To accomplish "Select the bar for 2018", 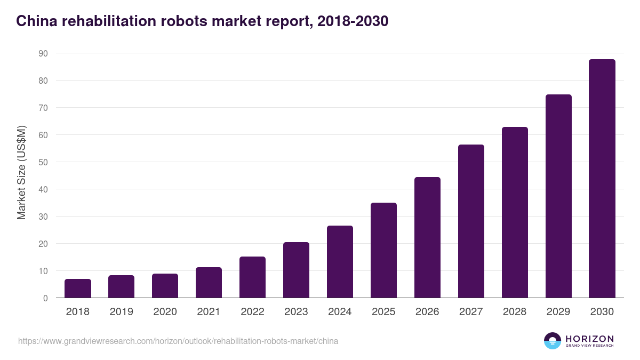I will click(78, 289).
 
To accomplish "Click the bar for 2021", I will click(209, 283).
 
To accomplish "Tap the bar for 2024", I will click(340, 262).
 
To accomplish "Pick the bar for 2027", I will click(471, 221).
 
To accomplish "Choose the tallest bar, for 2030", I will click(602, 179).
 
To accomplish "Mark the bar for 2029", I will click(558, 196).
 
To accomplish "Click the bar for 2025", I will click(383, 251).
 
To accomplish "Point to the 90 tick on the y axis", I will click(43, 53).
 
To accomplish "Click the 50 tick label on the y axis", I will click(43, 162).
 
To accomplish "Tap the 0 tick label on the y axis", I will click(45, 298).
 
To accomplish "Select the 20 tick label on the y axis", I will click(43, 244).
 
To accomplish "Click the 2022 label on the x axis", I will click(252, 312).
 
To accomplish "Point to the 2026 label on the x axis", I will click(427, 312).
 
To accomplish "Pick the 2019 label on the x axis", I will click(122, 312).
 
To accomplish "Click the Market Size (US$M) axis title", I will click(21, 172).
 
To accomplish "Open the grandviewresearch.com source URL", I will click(178, 341).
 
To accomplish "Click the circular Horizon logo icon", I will click(553, 341).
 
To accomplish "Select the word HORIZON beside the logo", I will click(589, 338).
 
